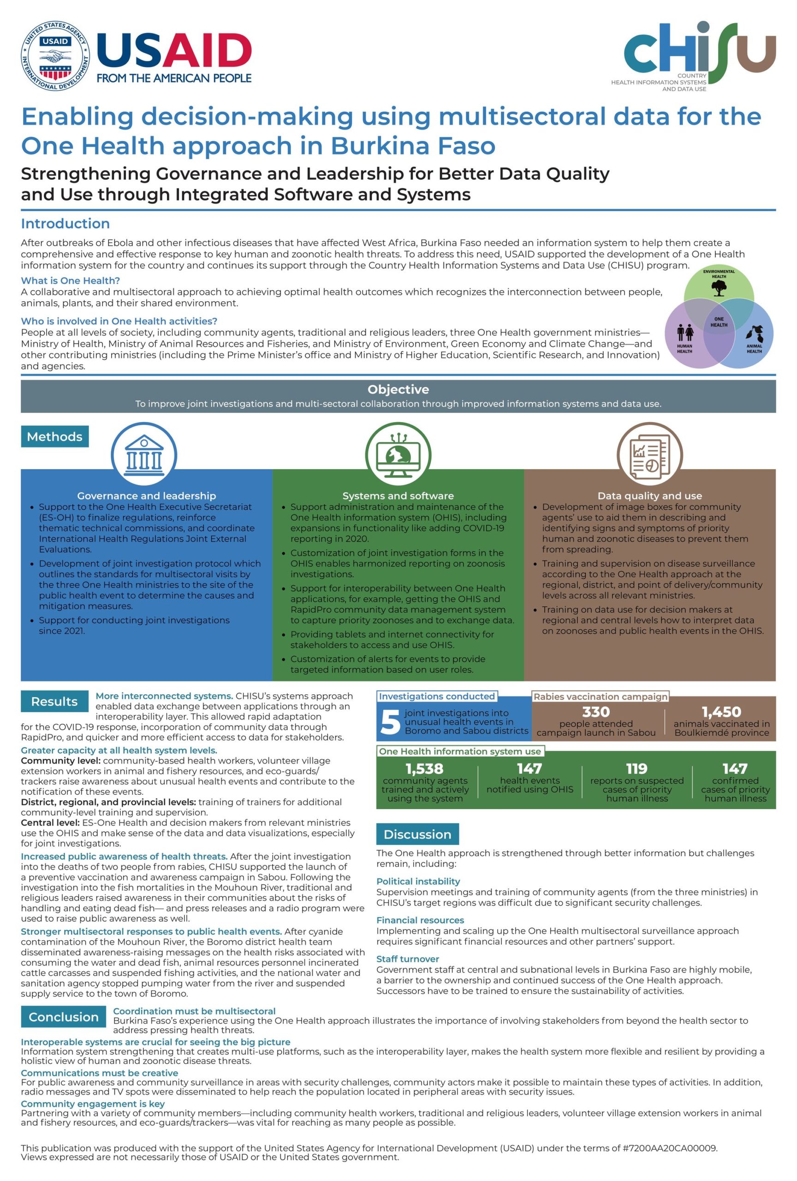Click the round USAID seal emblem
point(54,56)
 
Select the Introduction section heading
point(65,224)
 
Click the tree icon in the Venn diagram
point(719,288)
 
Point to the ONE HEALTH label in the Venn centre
point(719,322)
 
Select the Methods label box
point(55,436)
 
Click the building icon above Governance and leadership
point(144,454)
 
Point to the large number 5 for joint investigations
point(390,722)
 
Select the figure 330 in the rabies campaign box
point(596,712)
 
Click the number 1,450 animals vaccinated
point(721,712)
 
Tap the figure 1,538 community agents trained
point(425,769)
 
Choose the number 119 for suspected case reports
point(636,769)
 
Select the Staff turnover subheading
point(407,959)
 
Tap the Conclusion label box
point(64,1017)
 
